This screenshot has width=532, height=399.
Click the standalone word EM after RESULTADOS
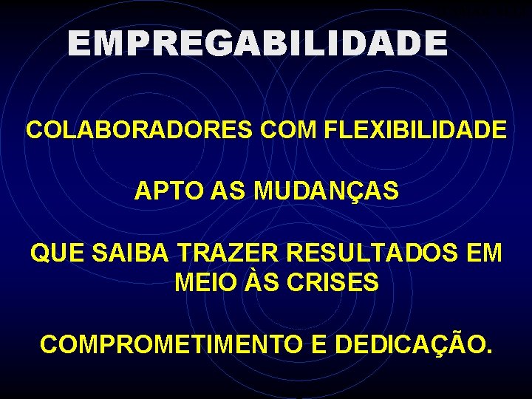(483, 253)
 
